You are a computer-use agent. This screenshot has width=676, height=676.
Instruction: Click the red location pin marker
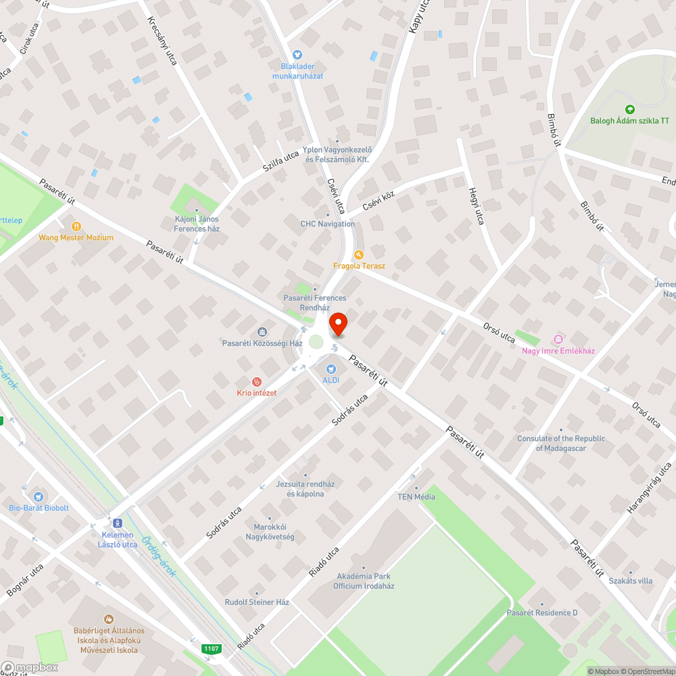[x=337, y=324]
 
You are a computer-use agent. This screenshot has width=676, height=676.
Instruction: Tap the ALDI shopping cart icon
[x=331, y=369]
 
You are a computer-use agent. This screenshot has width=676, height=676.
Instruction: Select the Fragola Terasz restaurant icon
[x=359, y=255]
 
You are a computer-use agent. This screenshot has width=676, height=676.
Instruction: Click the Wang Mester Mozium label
[x=76, y=237]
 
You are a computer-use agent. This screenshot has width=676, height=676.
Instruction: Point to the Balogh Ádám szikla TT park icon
[x=629, y=109]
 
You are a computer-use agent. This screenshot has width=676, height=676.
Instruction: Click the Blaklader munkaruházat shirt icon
[x=297, y=55]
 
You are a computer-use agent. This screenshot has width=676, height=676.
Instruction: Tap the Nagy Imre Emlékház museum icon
[x=558, y=339]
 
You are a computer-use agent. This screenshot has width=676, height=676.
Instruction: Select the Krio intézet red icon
[x=256, y=382]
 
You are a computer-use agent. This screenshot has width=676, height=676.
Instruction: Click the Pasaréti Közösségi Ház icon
[x=262, y=332]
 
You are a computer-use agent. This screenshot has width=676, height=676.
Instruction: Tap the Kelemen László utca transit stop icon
[x=118, y=523]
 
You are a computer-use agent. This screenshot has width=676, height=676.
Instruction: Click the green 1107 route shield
[x=211, y=649]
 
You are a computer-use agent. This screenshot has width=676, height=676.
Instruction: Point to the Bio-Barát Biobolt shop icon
[x=38, y=497]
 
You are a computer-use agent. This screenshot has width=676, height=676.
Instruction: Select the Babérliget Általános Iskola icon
[x=108, y=619]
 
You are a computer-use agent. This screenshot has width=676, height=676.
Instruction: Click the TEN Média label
[x=416, y=497]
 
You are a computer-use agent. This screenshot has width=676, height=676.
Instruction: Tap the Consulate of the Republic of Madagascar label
[x=561, y=443]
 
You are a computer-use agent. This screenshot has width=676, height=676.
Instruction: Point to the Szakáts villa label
[x=630, y=581]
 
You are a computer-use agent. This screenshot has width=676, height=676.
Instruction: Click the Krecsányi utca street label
[x=162, y=41]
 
